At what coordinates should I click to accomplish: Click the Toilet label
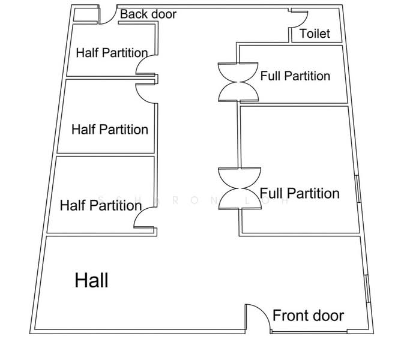tap(315, 34)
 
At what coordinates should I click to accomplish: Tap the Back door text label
tap(148, 14)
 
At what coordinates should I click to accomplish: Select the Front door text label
tap(308, 316)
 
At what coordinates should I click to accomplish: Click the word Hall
tap(91, 280)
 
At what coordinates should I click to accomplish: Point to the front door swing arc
tap(263, 312)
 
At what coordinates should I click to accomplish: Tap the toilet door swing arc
tap(304, 20)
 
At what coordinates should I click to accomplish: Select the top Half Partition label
tap(112, 53)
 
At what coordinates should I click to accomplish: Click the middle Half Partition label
tap(110, 130)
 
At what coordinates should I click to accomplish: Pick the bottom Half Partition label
tap(101, 205)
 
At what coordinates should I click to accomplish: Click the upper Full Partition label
tap(295, 76)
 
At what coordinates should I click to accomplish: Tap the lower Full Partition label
tap(300, 193)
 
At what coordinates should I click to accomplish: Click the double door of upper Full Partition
tap(238, 82)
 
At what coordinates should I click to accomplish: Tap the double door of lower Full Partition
tap(240, 188)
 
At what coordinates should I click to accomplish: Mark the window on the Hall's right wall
tap(367, 289)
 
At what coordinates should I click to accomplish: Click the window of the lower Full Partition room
tap(358, 189)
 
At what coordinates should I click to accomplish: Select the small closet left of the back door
tap(86, 15)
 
